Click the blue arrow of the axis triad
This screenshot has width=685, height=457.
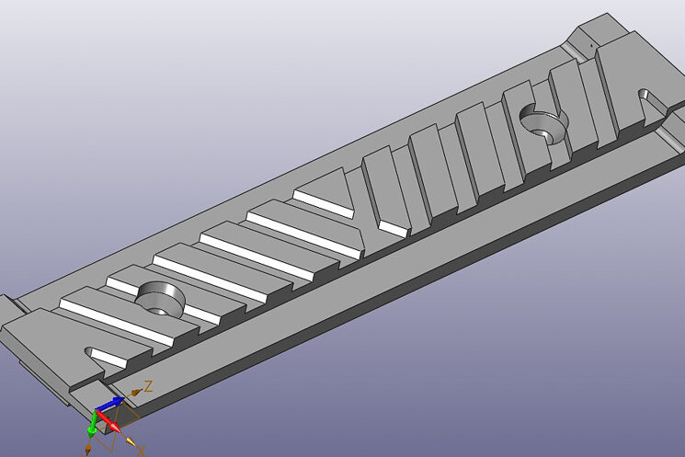click(110, 404)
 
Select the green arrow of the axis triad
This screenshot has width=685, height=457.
click(93, 425)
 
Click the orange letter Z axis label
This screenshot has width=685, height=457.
click(149, 386)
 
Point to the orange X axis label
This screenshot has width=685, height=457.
click(141, 451)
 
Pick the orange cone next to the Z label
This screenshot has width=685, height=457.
click(136, 392)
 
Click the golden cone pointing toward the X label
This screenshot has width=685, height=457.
click(131, 441)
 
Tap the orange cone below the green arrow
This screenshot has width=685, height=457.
click(88, 448)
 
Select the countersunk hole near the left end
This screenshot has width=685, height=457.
click(160, 298)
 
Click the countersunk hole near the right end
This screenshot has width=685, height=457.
click(544, 124)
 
